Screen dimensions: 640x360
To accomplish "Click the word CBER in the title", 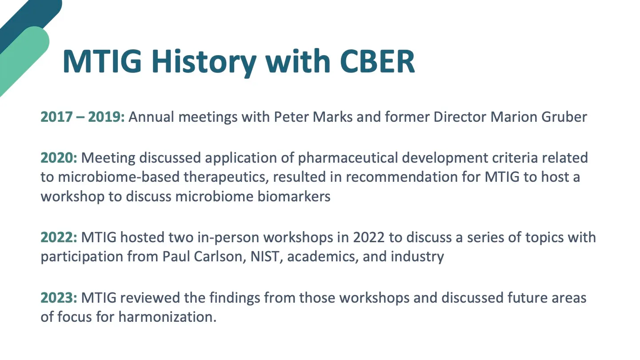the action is (x=377, y=61).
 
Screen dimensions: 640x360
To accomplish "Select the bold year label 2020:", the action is (x=59, y=158).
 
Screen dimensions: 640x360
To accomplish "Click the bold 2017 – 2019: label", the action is (x=83, y=117).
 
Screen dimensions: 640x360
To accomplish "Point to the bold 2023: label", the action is (x=59, y=298).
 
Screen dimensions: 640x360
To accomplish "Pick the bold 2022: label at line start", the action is (x=59, y=237).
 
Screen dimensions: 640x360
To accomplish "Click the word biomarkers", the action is (x=294, y=196).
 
